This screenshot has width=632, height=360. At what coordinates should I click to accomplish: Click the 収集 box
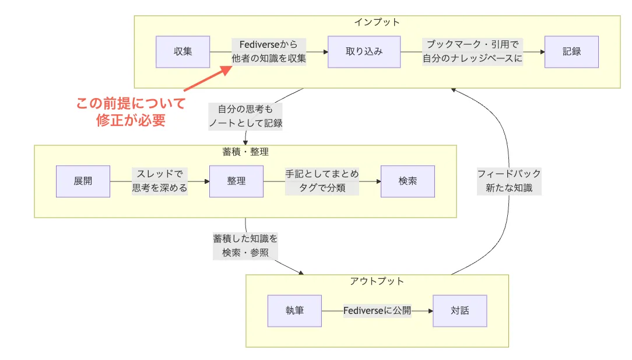click(x=182, y=51)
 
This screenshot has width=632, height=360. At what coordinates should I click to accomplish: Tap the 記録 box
click(x=571, y=51)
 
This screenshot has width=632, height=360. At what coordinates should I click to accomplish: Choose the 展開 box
click(x=83, y=181)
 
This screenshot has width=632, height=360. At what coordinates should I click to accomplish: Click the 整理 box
click(x=236, y=181)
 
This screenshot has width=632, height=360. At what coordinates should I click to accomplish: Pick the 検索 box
click(x=408, y=181)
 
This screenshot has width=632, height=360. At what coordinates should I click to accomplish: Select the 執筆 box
click(x=294, y=311)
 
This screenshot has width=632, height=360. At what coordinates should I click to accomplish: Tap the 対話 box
click(x=459, y=311)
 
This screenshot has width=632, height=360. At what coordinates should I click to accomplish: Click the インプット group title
click(x=377, y=22)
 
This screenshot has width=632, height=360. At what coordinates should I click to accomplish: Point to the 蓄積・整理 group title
click(x=245, y=152)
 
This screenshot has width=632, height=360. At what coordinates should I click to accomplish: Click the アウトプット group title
click(x=377, y=281)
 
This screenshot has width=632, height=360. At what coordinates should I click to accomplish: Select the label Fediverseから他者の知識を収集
click(x=269, y=51)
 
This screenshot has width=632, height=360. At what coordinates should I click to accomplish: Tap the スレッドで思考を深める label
click(x=159, y=181)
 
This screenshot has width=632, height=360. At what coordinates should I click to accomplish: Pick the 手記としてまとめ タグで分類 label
click(x=322, y=181)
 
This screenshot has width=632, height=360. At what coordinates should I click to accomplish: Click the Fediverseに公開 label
click(x=377, y=311)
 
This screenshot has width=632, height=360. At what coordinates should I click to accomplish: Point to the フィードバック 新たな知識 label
click(x=508, y=181)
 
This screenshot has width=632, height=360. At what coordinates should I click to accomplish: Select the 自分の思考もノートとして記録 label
click(x=245, y=116)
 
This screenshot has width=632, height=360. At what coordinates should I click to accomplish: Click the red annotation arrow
click(x=204, y=78)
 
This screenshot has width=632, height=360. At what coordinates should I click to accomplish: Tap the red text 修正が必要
click(x=131, y=120)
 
